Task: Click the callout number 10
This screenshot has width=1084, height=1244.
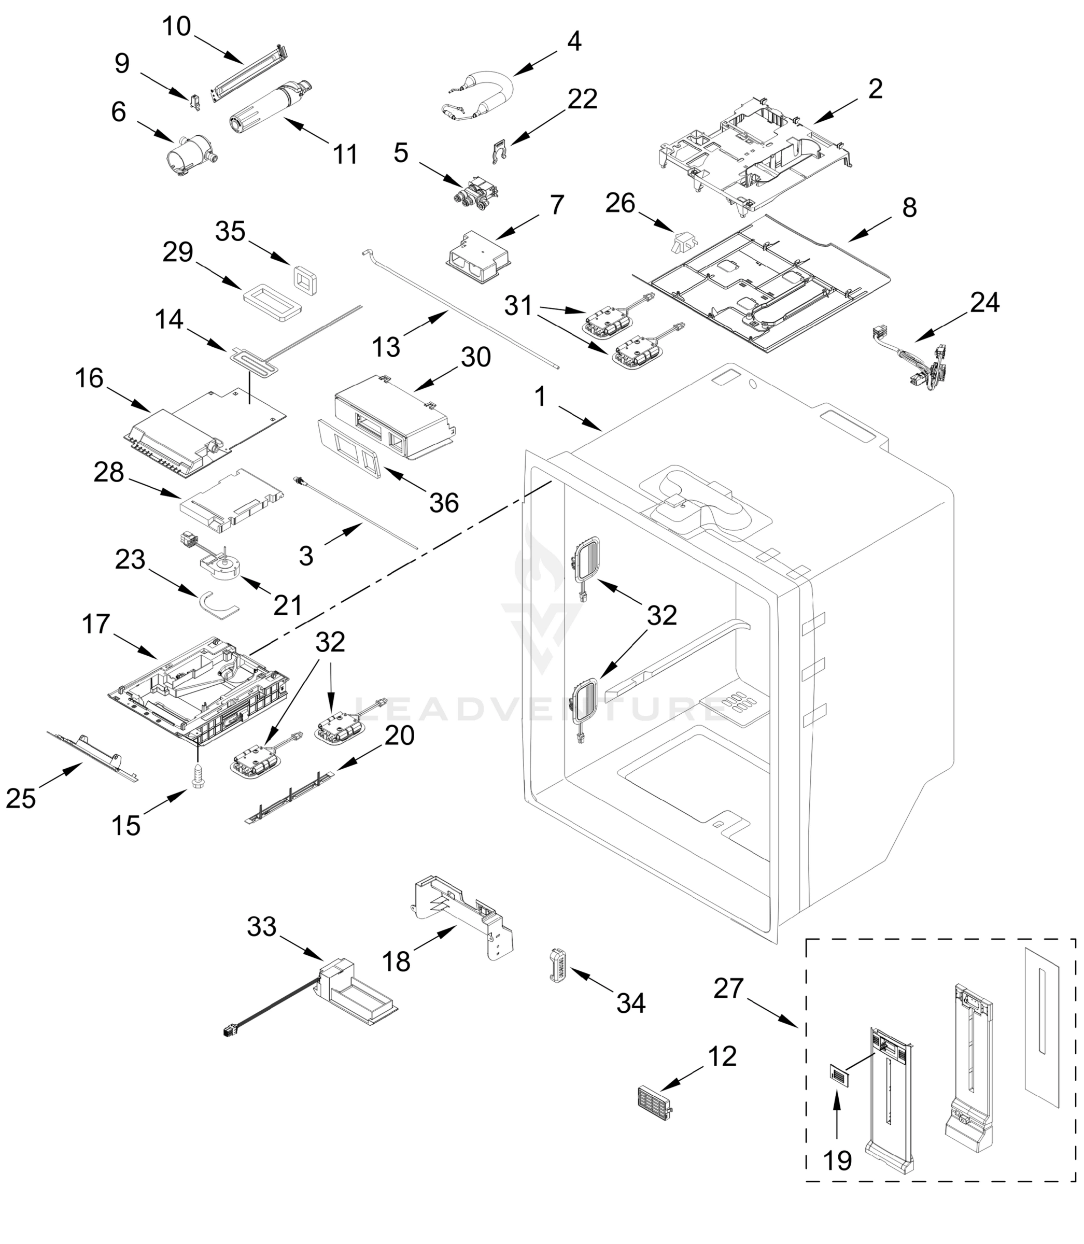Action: pos(176,26)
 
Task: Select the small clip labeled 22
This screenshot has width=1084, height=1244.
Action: pos(498,153)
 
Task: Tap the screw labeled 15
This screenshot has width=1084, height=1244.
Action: pos(196,775)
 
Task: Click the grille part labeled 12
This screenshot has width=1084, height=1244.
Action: pos(655,1104)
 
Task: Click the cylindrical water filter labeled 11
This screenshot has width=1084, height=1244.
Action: pos(268,106)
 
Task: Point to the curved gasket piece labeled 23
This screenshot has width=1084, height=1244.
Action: pos(218,605)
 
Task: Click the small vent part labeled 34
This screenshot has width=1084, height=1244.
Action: pos(557,966)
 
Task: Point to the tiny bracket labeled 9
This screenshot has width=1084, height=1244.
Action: pos(195,103)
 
